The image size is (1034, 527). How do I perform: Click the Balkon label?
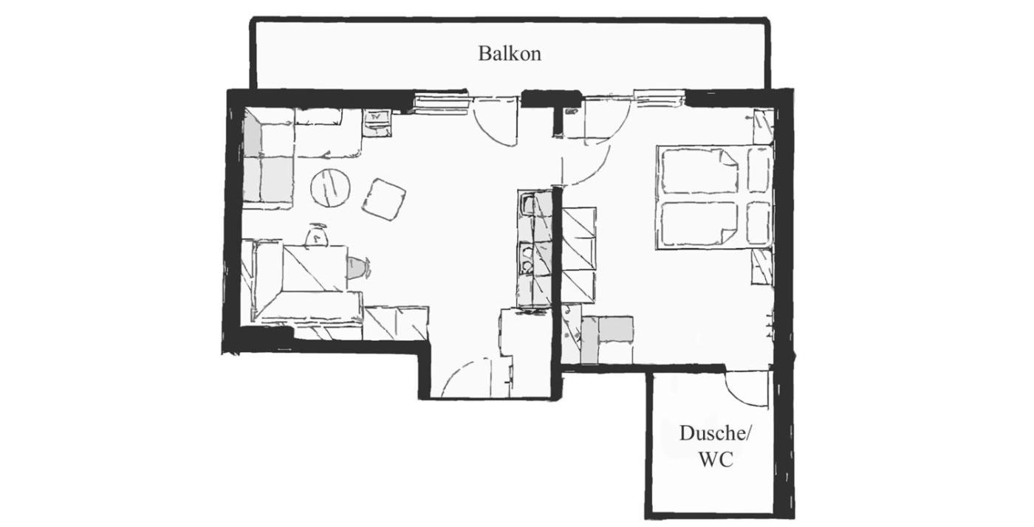(509, 54)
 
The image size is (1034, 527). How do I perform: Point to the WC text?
(715, 459)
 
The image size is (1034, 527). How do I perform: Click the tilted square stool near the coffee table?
(384, 199)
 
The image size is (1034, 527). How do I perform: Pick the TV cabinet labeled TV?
(377, 123)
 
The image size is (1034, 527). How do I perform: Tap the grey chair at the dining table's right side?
(358, 268)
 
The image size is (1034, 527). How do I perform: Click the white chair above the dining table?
(317, 235)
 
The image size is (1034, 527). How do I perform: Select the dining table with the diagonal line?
(315, 268)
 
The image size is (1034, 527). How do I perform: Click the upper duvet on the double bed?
(699, 170)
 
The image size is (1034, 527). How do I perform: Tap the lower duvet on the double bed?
(699, 223)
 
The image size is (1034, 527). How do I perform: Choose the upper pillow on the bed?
(759, 170)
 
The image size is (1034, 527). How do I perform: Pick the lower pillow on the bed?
(759, 223)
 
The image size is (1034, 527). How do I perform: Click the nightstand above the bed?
(763, 126)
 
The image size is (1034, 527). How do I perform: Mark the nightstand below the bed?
(761, 266)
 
